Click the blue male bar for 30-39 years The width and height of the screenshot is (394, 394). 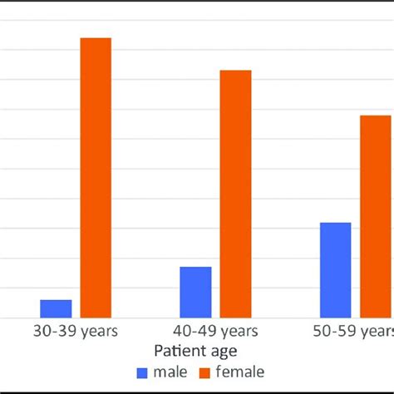(56, 308)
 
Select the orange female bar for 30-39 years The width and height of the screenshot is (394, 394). (96, 178)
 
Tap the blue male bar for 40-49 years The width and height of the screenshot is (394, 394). (195, 292)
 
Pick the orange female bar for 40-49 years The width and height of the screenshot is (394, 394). (235, 194)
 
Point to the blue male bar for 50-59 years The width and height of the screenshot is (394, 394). (335, 270)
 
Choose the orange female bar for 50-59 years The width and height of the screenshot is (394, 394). (376, 216)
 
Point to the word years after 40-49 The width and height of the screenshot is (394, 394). (239, 332)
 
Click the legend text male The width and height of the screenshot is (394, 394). (170, 372)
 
